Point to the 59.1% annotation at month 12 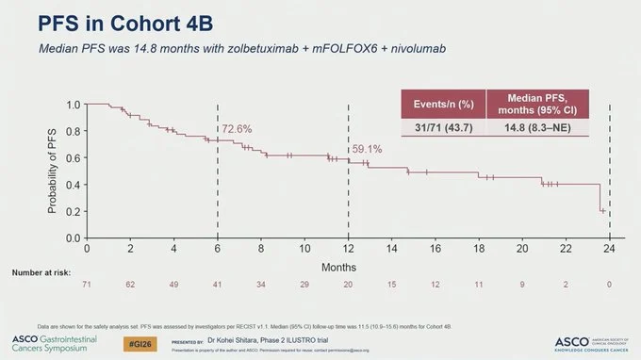point(368,149)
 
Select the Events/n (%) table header point(445,103)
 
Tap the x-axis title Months point(349,269)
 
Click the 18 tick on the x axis point(480,248)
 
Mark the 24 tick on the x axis point(610,248)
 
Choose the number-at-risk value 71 point(88,284)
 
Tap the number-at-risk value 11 point(480,284)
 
